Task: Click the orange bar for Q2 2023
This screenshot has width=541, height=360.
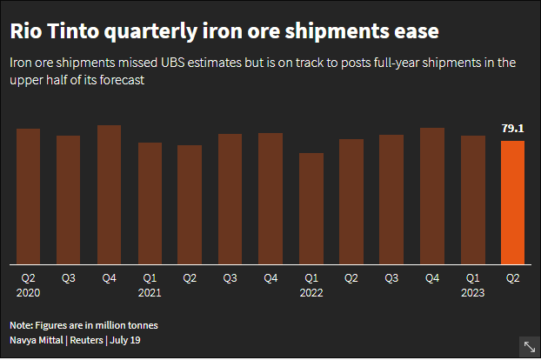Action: click(513, 202)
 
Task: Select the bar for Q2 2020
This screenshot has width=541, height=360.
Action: click(29, 196)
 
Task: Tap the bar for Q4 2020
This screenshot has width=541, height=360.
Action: click(109, 194)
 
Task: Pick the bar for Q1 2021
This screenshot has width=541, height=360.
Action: click(150, 203)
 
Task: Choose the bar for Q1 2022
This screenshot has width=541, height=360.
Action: click(311, 208)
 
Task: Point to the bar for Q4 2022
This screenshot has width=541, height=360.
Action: click(432, 195)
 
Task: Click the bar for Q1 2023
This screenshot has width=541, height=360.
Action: click(472, 199)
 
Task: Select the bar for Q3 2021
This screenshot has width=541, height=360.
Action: click(230, 198)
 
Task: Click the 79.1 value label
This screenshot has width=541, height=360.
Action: click(513, 129)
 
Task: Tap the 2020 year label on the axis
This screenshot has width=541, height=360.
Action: click(29, 293)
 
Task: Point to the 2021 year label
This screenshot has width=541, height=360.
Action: click(150, 293)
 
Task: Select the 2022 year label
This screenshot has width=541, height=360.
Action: click(311, 293)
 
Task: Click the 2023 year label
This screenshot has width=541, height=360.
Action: click(472, 293)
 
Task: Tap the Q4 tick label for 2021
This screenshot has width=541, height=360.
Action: click(270, 278)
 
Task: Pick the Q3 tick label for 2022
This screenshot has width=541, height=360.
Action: click(391, 278)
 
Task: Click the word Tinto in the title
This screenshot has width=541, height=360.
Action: click(70, 32)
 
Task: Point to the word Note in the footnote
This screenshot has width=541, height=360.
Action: click(23, 325)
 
